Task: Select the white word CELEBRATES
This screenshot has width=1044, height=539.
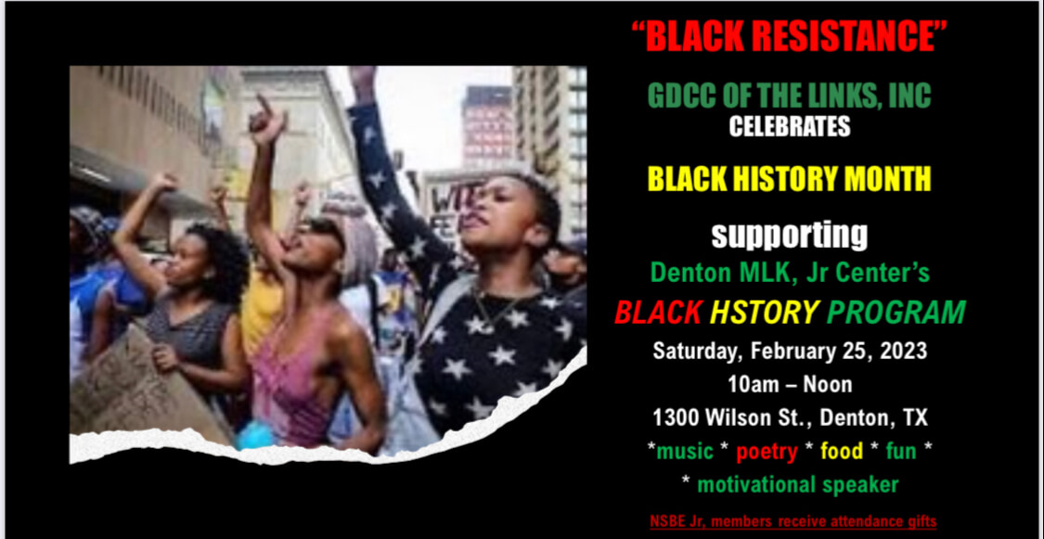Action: (790, 126)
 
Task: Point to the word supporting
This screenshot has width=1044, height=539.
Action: (790, 237)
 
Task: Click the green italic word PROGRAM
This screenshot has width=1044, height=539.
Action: (896, 312)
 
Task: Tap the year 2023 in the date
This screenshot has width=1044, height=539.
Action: (904, 351)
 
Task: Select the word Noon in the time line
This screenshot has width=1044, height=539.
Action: (828, 384)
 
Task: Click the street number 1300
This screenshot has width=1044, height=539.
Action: (676, 417)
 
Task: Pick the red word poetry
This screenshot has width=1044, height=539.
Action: (767, 452)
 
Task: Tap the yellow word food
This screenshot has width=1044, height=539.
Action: (842, 451)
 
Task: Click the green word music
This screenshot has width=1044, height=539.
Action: (685, 451)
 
